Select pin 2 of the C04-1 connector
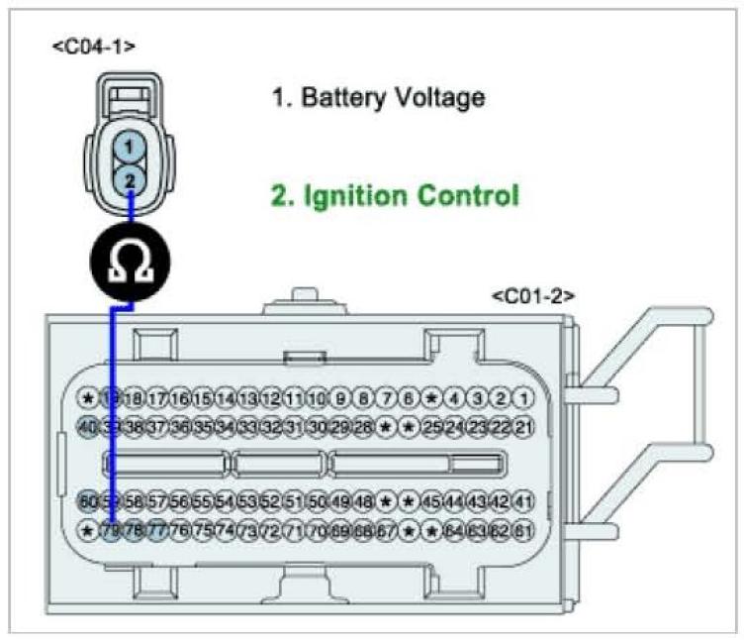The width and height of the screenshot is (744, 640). tap(129, 179)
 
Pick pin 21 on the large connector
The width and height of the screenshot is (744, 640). tap(524, 426)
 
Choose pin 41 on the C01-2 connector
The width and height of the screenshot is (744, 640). tap(524, 501)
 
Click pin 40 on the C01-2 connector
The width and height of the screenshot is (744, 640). tap(89, 426)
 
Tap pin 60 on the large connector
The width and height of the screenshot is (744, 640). tap(89, 501)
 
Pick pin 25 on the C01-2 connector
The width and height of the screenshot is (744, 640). tap(432, 426)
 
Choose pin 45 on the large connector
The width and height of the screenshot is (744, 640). tap(432, 501)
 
